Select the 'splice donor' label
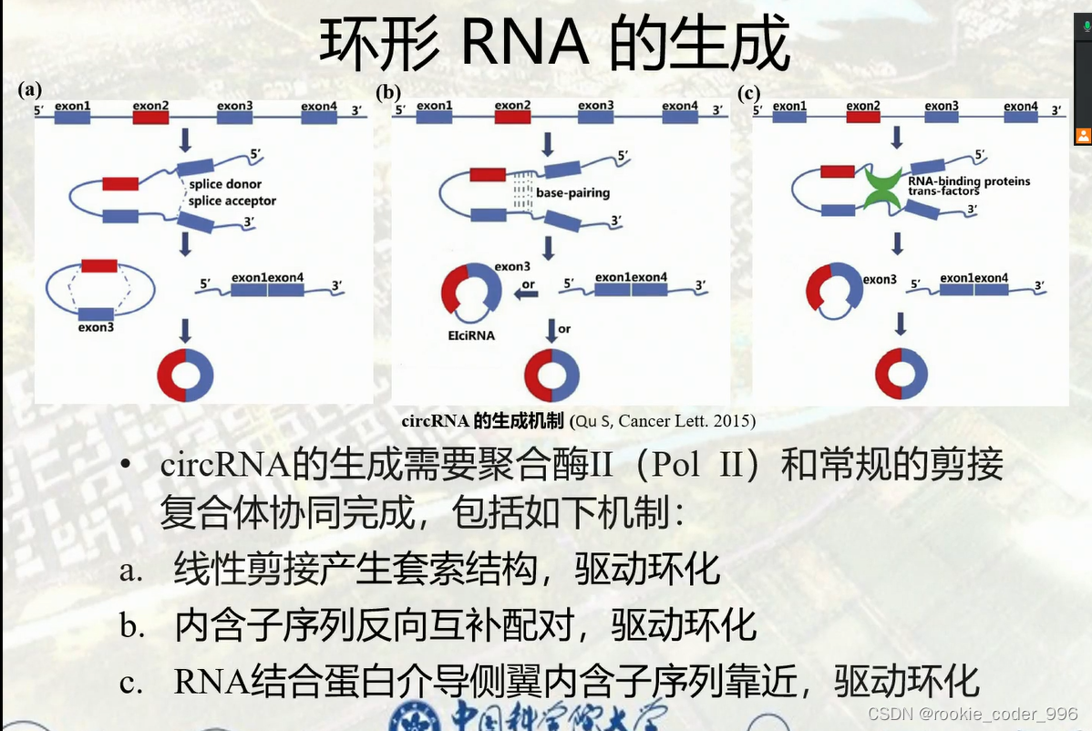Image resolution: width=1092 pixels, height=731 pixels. click(225, 184)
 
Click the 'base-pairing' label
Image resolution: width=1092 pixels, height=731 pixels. click(572, 193)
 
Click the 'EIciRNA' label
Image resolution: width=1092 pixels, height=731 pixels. click(472, 335)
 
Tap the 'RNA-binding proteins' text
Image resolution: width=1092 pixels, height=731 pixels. click(969, 180)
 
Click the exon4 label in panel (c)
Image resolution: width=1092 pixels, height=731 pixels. click(1021, 107)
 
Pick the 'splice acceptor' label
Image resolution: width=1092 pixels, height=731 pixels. click(232, 201)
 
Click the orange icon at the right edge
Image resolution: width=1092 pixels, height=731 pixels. click(1083, 136)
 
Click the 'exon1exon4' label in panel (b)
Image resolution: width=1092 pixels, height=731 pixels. click(631, 277)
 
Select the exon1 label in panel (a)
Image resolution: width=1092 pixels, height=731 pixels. click(72, 107)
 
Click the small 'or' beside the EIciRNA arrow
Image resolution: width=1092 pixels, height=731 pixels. click(528, 286)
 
